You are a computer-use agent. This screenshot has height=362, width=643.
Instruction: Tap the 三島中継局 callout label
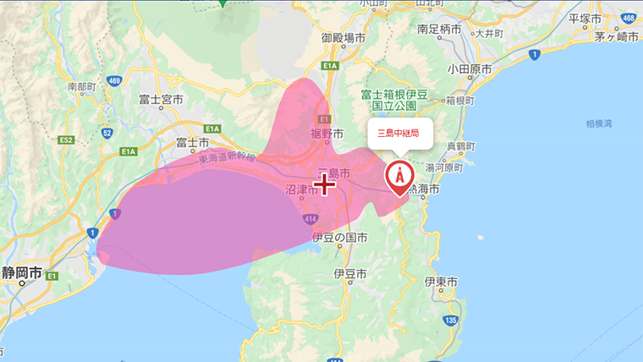click(399, 133)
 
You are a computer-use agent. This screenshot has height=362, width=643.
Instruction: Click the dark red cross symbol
click(327, 184)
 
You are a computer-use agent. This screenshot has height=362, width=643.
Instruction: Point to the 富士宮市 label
click(161, 100)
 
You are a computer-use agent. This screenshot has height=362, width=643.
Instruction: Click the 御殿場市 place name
click(343, 38)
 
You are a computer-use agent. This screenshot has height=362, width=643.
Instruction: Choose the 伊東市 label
click(441, 280)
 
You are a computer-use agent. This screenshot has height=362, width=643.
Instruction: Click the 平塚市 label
click(585, 19)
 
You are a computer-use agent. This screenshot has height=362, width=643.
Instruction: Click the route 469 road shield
click(115, 81)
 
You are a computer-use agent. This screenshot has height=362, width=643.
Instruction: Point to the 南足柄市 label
click(439, 29)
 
